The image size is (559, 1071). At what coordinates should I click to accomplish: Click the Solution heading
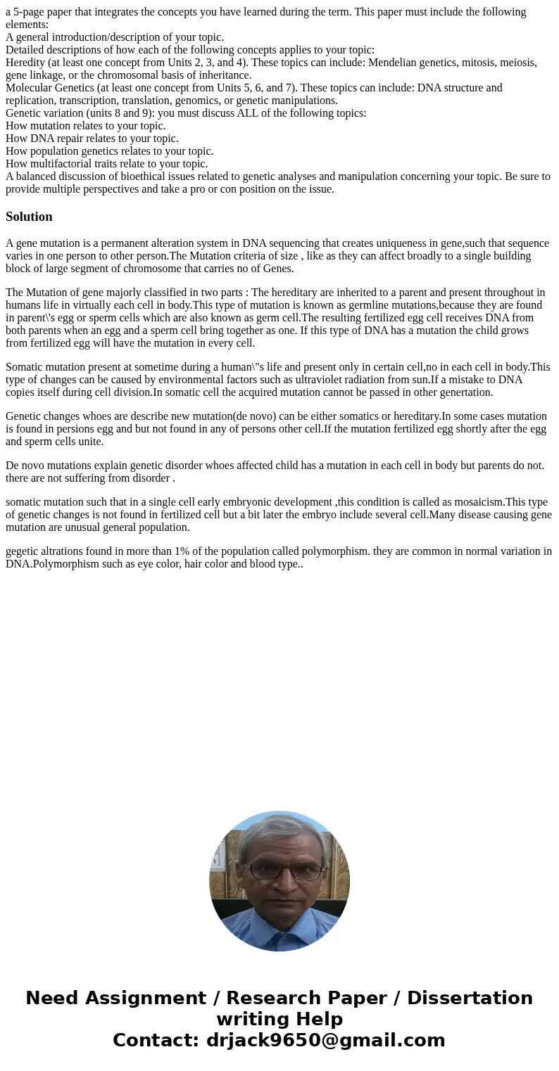click(x=29, y=217)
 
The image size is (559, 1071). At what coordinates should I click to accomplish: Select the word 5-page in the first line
click(x=30, y=12)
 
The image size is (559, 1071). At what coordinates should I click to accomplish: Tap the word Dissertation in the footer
click(x=470, y=998)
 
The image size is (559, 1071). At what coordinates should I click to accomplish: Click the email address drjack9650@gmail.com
click(x=325, y=1040)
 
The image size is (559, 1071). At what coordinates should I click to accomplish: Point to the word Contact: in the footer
click(x=156, y=1040)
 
